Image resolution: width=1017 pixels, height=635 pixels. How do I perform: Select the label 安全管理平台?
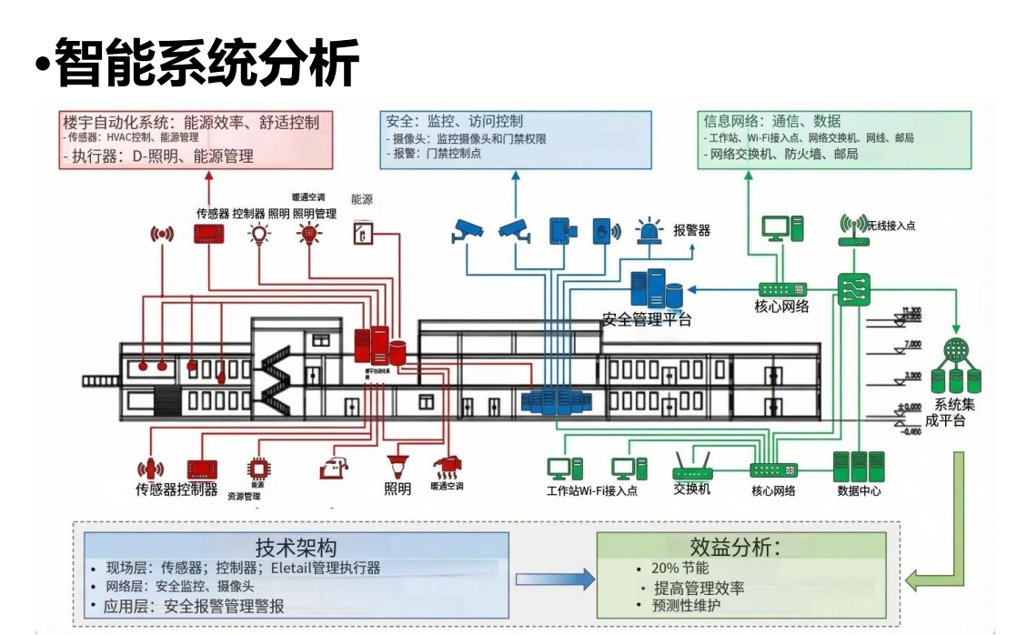click(x=647, y=319)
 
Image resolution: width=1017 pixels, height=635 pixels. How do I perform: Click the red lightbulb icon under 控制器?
click(x=261, y=235)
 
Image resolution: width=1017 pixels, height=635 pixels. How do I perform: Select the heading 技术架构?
click(x=296, y=548)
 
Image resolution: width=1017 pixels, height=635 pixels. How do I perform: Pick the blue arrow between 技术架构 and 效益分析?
click(x=553, y=579)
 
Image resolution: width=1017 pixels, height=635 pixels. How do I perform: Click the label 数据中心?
click(x=859, y=491)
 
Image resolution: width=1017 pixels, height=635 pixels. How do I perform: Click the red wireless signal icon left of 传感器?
click(x=162, y=234)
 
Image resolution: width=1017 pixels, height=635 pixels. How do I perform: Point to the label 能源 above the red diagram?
click(x=362, y=198)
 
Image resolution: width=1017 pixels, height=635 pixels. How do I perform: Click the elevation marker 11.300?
click(x=911, y=311)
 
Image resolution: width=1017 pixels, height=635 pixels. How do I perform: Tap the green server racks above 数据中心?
click(x=859, y=465)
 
